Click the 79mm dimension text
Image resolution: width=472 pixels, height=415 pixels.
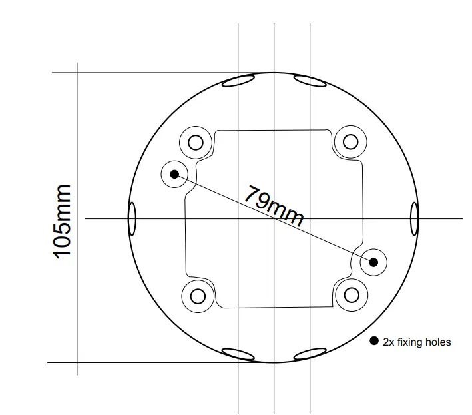274,206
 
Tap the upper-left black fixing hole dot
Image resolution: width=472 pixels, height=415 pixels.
174,174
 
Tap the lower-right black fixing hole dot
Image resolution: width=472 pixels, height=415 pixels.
373,262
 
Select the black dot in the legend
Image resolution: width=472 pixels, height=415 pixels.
374,342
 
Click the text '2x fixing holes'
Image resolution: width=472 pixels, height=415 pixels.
417,342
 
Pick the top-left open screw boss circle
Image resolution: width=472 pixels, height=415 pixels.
196,142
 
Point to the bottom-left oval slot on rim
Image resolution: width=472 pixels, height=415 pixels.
238,354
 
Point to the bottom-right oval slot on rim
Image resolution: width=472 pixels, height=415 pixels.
310,354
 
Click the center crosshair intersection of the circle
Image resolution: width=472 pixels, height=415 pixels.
274,218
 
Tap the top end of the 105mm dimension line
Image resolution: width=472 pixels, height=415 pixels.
78,73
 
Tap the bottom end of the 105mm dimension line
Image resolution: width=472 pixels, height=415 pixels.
78,362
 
